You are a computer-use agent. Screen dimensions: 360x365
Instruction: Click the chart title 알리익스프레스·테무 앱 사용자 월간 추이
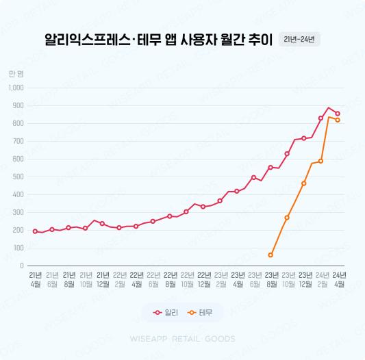click(158, 40)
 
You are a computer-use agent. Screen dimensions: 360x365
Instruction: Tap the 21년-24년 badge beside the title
click(299, 39)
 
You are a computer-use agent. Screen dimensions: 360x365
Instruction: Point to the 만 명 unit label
click(16, 73)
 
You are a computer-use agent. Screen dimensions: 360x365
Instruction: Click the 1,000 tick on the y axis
click(16, 88)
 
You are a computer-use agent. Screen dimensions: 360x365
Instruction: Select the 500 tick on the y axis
click(18, 177)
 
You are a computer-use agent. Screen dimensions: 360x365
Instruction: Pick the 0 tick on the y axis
click(22, 266)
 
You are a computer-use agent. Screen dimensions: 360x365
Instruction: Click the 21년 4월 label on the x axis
click(36, 279)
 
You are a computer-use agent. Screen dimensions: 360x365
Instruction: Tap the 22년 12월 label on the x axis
click(204, 279)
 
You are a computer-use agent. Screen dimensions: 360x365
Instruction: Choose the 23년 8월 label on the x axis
click(271, 279)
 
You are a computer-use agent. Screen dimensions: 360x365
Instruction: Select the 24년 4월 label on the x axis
click(339, 279)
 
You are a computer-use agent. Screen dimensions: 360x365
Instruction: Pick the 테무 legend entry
click(201, 313)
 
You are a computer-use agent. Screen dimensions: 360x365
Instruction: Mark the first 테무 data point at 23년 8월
click(270, 255)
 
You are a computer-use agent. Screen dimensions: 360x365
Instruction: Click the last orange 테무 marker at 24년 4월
click(338, 120)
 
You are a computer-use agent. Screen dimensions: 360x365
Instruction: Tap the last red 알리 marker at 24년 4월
click(338, 114)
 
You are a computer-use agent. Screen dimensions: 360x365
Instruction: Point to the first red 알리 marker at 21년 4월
click(35, 231)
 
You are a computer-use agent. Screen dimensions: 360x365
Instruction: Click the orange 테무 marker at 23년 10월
click(287, 218)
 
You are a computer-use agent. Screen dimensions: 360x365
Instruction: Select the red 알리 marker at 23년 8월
click(270, 167)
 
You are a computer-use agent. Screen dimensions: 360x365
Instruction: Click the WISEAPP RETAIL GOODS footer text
click(182, 339)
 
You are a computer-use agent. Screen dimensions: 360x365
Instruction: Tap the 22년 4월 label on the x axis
click(136, 279)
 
